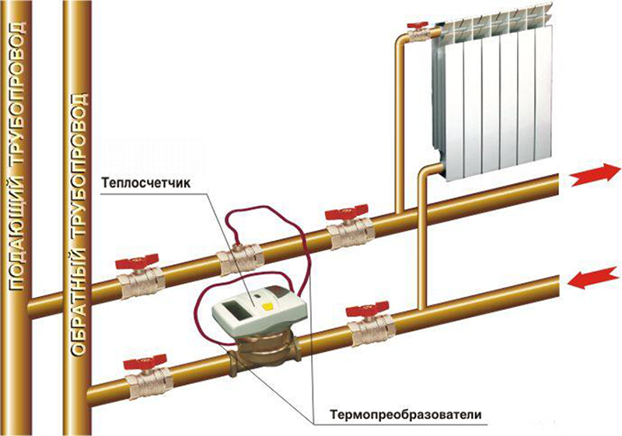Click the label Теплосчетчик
pyautogui.click(x=146, y=184)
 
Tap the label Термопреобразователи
pyautogui.click(x=405, y=414)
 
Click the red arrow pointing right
pyautogui.click(x=595, y=175)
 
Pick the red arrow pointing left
pyautogui.click(x=593, y=279)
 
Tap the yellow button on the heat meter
pyautogui.click(x=267, y=305)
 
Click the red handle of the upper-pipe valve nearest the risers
pyautogui.click(x=137, y=263)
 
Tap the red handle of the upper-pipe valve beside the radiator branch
pyautogui.click(x=347, y=214)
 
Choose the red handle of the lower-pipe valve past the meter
pyautogui.click(x=367, y=308)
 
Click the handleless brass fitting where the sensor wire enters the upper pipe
pyautogui.click(x=240, y=260)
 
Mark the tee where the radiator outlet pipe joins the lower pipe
pyautogui.click(x=423, y=308)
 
